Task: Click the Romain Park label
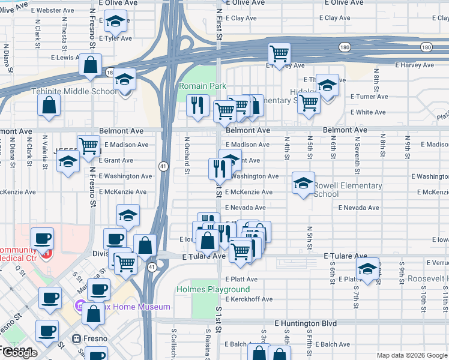coord(202,86)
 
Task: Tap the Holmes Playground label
coord(205,289)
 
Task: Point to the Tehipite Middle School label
coord(74,91)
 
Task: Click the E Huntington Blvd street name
coord(306,323)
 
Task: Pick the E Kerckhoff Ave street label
coord(249,299)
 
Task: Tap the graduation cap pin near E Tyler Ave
coord(115,22)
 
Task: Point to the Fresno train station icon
coord(76,338)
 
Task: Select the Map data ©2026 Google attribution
coord(411,355)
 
